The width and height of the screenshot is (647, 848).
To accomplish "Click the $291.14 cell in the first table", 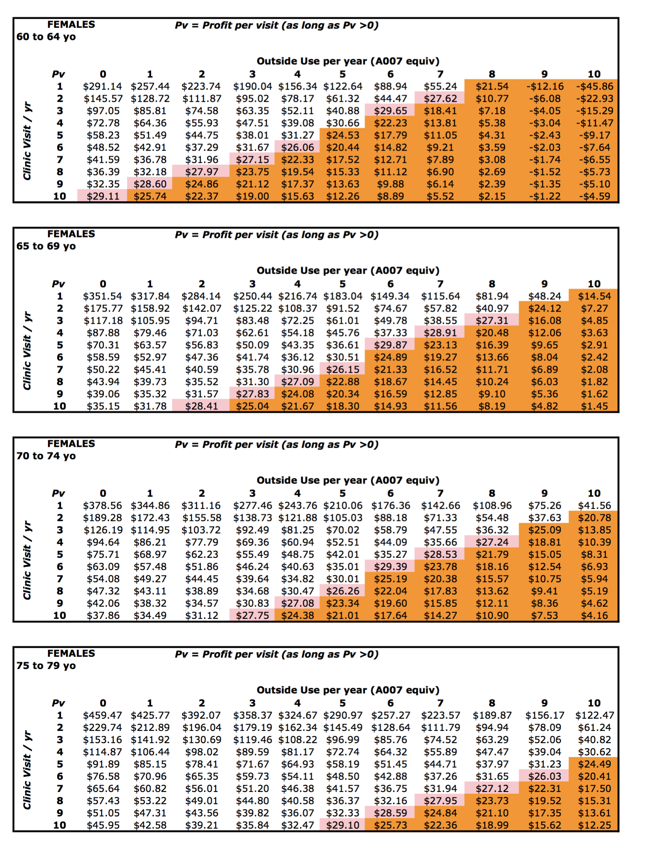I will (x=103, y=86).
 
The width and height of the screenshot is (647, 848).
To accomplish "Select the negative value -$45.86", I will (x=594, y=86).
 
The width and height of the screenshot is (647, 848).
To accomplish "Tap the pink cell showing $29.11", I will (x=103, y=196).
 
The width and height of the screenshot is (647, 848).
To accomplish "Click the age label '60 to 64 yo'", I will (x=46, y=37).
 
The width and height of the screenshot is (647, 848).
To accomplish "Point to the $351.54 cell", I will (x=103, y=296).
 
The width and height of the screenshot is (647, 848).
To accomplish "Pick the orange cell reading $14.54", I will (x=594, y=296).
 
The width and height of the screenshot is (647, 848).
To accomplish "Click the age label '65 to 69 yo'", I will (x=46, y=246).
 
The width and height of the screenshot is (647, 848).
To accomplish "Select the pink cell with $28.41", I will (x=202, y=406).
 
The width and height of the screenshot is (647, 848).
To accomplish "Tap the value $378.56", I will (x=103, y=505).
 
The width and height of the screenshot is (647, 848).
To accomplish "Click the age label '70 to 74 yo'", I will (x=46, y=456).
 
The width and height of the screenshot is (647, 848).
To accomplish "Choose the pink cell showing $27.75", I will (x=252, y=616).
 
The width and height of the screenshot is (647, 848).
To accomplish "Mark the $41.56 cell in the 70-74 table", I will (x=594, y=505).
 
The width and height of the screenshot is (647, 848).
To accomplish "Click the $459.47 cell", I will (x=103, y=715).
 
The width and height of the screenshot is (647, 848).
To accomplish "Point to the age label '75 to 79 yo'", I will (x=46, y=666).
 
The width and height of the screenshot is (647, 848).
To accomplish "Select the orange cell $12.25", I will (x=594, y=825).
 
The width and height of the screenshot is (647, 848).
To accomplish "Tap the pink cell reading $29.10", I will (x=342, y=825).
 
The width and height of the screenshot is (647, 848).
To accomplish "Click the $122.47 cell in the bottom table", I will (x=594, y=715).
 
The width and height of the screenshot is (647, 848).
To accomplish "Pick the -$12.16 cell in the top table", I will (x=545, y=86).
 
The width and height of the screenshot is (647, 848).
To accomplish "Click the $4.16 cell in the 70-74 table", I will (x=594, y=616).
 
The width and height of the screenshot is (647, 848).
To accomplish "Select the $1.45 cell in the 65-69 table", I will (x=594, y=406).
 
